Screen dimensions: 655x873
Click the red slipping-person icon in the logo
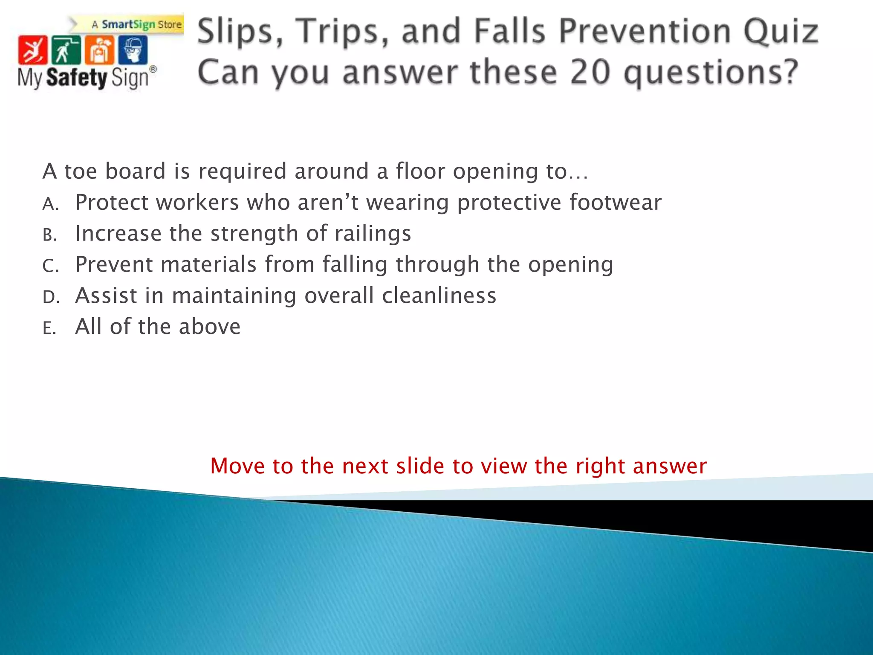(32, 50)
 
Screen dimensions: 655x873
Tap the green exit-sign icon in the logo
(66, 50)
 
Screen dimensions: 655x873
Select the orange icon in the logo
(99, 50)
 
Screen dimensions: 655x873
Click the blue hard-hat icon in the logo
(133, 50)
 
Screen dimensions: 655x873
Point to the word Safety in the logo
(76, 78)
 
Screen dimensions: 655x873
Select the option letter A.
(50, 204)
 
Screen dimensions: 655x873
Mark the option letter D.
(50, 297)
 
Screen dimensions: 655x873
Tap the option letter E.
(49, 328)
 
